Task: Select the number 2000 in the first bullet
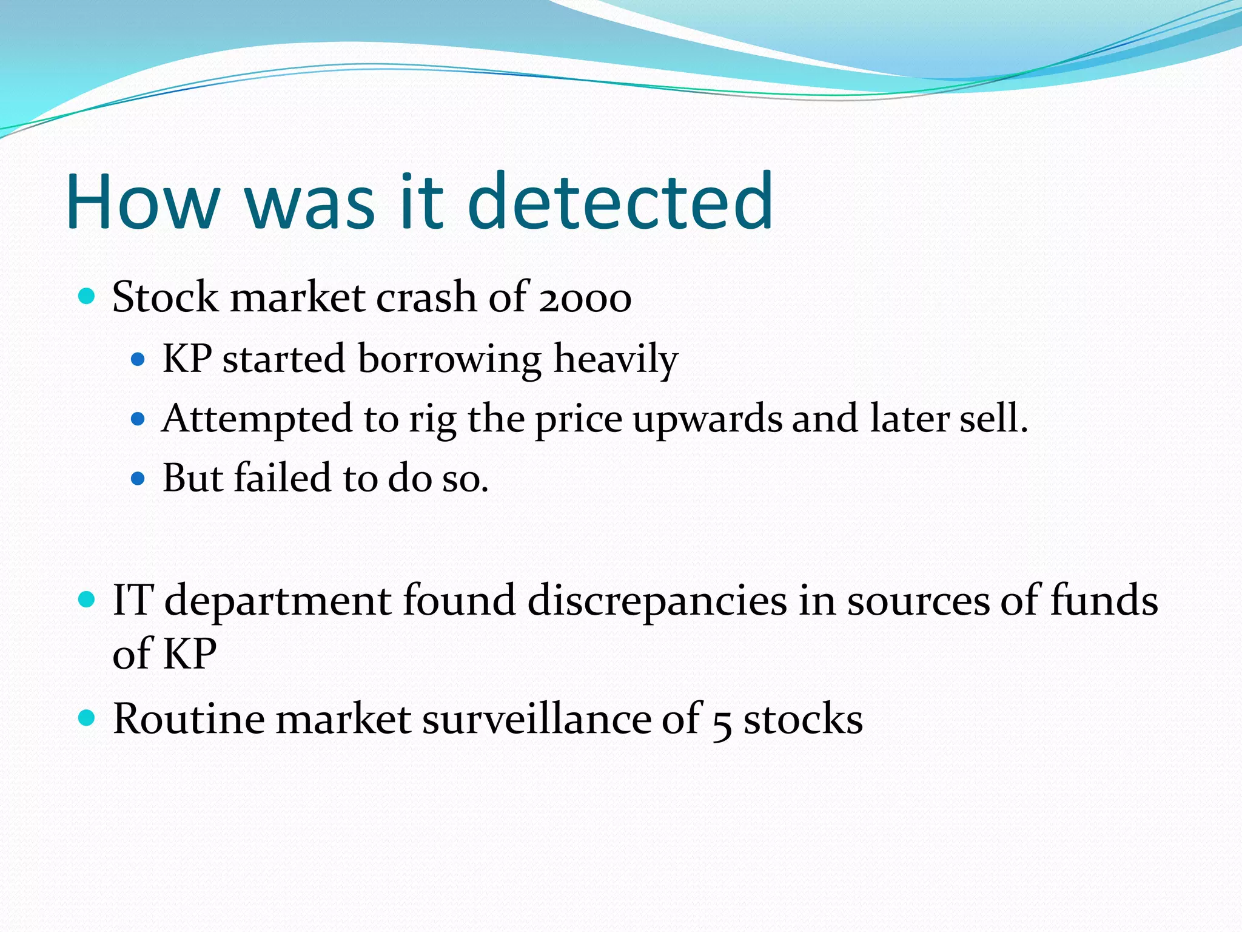[x=585, y=299]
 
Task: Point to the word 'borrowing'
[x=449, y=359]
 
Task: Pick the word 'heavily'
[x=616, y=359]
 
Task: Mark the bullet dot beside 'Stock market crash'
[x=87, y=297]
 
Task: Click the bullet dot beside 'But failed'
[x=138, y=479]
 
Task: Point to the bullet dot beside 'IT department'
[x=87, y=600]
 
